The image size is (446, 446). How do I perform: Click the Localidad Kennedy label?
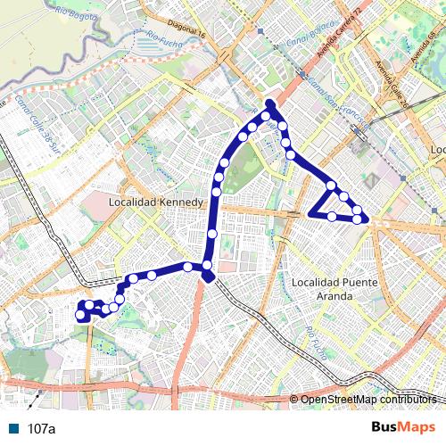point(156,202)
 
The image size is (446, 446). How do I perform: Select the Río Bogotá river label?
point(76,12)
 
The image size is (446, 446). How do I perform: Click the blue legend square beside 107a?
point(12,428)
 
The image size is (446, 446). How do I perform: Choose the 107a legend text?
point(41,428)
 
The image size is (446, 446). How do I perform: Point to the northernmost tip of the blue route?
point(269,103)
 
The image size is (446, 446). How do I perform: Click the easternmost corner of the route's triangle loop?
point(366,219)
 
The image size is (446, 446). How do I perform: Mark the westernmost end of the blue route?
point(79,315)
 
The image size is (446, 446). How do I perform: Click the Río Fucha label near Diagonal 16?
point(164,39)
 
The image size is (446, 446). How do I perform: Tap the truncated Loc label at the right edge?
point(437,148)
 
